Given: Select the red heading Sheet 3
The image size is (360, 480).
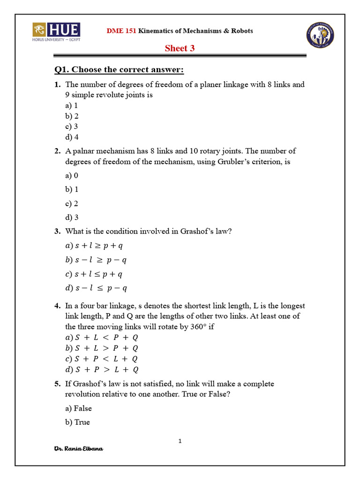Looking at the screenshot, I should click(180, 48).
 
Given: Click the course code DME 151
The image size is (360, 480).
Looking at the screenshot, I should click(122, 31).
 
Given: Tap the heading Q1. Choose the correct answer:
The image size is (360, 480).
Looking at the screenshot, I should click(119, 70).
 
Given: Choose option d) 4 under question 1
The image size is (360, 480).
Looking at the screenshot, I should click(72, 137).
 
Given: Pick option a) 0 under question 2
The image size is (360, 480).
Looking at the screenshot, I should click(72, 175).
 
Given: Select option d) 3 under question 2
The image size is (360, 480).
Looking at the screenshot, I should click(72, 217).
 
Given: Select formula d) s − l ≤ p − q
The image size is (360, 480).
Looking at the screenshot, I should click(96, 288).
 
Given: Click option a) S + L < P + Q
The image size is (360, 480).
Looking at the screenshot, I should click(102, 337).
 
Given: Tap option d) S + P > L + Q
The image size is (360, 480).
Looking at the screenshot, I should click(102, 370).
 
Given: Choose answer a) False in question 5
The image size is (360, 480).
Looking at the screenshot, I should click(79, 408).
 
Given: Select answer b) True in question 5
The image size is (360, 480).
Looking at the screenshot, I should click(77, 422).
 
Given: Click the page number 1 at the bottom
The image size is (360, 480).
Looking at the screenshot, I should click(180, 441).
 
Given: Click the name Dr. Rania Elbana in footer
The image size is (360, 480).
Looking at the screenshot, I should click(79, 449).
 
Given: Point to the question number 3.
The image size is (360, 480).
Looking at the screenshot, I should click(57, 231).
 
